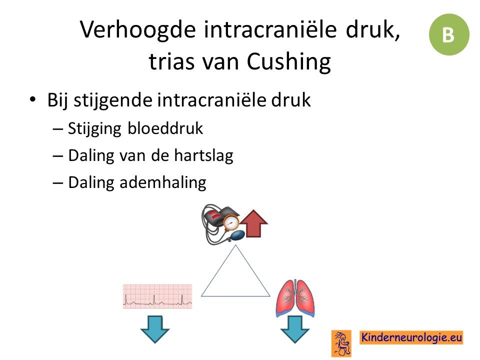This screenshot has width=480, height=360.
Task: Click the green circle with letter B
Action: (449, 34)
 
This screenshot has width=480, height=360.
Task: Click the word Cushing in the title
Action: (288, 62)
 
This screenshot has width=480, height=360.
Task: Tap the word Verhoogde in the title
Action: (138, 29)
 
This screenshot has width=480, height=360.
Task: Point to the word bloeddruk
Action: (165, 128)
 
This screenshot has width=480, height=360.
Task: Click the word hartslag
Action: (203, 155)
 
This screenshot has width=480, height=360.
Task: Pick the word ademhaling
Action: (163, 182)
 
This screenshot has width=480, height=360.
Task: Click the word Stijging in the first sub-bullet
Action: (94, 128)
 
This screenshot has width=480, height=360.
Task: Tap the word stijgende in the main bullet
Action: (113, 100)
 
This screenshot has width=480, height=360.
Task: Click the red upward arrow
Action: (253, 223)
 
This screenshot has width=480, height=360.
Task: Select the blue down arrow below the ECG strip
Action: (155, 329)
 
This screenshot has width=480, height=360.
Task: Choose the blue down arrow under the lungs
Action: (295, 329)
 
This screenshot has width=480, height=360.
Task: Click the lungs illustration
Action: (295, 298)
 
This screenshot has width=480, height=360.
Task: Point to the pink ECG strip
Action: (157, 296)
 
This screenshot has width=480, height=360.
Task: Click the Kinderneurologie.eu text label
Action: (411, 337)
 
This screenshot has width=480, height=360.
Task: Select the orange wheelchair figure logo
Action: (341, 343)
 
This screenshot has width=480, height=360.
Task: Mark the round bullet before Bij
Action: (32, 100)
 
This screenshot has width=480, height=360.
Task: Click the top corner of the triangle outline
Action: (235, 245)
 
